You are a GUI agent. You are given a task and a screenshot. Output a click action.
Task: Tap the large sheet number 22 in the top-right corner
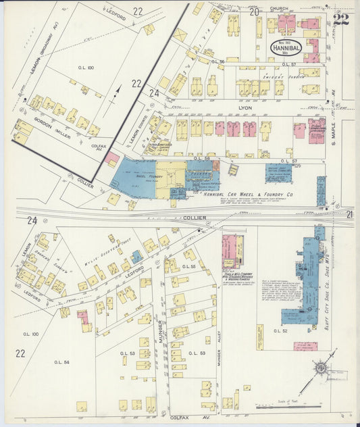[340, 18]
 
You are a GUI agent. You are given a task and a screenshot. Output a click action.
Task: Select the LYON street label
[245, 107]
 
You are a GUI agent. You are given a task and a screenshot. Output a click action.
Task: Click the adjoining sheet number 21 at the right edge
[349, 214]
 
